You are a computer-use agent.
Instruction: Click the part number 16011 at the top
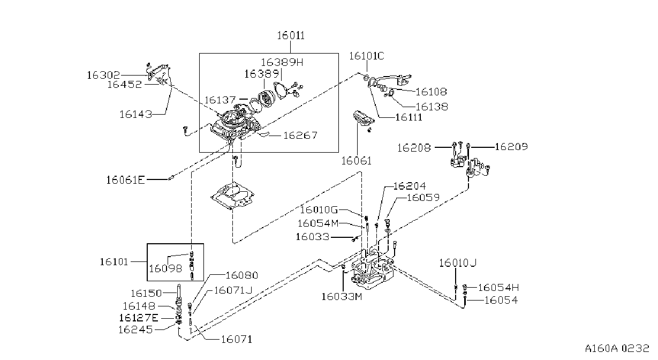(x=291, y=35)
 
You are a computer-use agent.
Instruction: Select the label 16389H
(x=282, y=62)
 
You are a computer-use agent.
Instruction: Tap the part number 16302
(x=103, y=75)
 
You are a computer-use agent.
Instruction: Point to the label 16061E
(x=126, y=180)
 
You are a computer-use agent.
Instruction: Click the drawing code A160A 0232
(x=617, y=348)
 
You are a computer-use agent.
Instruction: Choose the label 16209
(x=511, y=147)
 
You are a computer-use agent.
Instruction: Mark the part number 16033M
(x=342, y=297)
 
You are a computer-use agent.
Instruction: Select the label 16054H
(x=498, y=288)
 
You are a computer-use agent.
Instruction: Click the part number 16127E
(x=139, y=318)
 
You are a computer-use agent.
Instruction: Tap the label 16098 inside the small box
(x=165, y=268)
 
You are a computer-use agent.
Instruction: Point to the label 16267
(x=300, y=136)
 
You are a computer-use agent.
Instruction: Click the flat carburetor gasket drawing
(x=232, y=196)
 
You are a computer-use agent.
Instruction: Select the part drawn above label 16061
(x=364, y=119)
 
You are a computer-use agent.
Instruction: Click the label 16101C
(x=367, y=56)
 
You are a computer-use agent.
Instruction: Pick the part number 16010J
(x=458, y=262)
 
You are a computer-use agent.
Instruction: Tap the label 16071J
(x=233, y=290)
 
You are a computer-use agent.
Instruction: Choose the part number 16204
(x=410, y=186)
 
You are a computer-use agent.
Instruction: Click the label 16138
(x=432, y=107)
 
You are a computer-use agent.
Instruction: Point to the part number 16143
(x=135, y=114)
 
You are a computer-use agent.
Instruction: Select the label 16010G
(x=319, y=210)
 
